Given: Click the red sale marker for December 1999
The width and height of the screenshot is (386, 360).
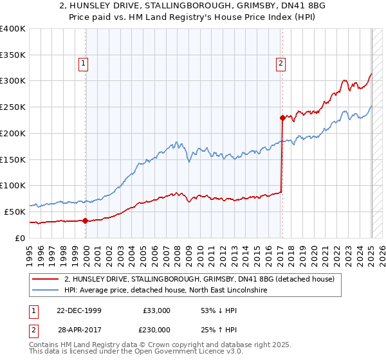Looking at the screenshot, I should [x=86, y=221].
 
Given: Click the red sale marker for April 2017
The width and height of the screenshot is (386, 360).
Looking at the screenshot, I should [x=282, y=118].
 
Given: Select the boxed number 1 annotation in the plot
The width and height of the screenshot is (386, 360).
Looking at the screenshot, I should [x=84, y=63].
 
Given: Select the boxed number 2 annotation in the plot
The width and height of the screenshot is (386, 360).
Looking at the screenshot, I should [x=282, y=63].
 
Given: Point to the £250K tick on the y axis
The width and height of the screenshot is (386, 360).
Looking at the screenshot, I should [x=13, y=107].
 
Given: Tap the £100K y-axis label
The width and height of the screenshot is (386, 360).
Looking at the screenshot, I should [x=13, y=185].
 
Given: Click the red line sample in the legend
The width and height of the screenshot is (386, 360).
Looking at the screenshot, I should [x=45, y=280].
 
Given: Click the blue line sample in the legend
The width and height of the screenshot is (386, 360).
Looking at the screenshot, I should [x=45, y=291].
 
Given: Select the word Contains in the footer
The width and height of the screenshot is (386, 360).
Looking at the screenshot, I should [x=44, y=345].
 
